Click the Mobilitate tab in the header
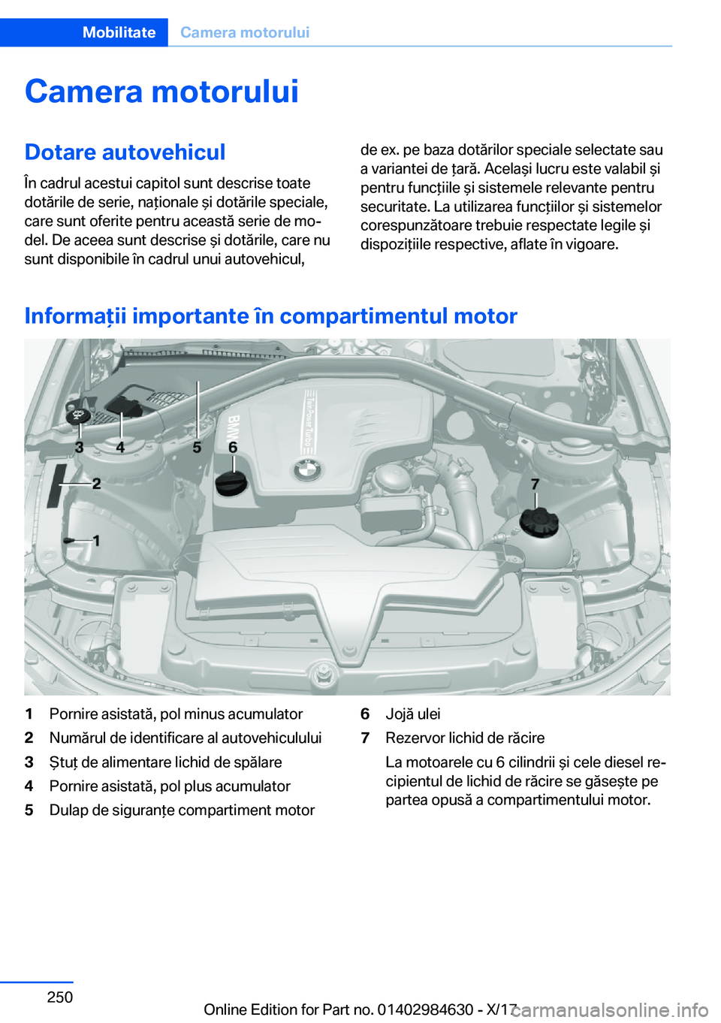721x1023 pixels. point(119,32)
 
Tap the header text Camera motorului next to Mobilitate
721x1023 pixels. point(245,32)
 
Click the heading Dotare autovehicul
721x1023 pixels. point(125,152)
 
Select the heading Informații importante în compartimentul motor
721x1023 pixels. point(271,315)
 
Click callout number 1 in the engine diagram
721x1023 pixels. point(97,541)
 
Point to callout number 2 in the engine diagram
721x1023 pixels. point(97,483)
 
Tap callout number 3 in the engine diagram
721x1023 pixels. point(80,447)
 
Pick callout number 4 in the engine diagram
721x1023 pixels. point(120,447)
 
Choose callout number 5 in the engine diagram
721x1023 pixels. point(197,447)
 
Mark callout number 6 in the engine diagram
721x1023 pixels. point(233,447)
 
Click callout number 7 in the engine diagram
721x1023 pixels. point(535,484)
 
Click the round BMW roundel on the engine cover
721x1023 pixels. point(308,469)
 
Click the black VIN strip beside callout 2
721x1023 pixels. point(56,486)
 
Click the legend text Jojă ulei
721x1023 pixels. point(413,714)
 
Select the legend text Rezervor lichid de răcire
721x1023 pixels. point(465,738)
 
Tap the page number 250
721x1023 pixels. point(60,997)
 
